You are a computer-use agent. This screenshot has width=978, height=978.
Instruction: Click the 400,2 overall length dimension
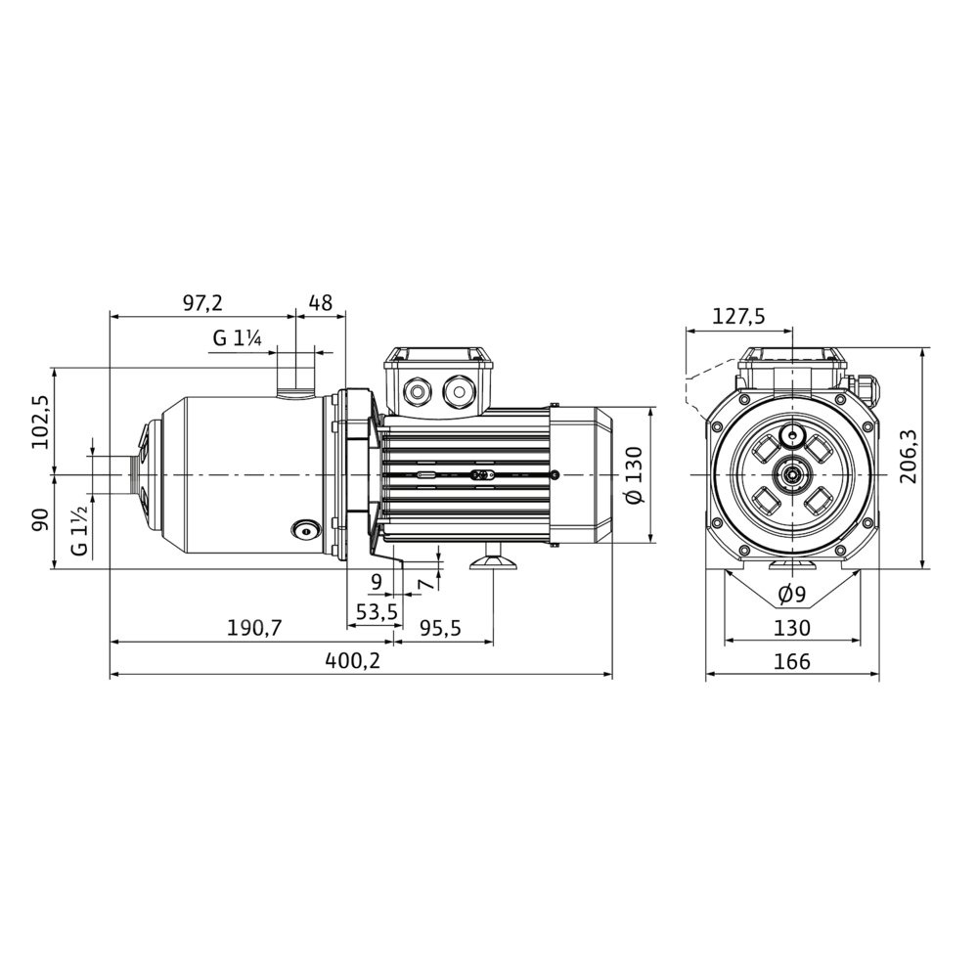click(x=352, y=660)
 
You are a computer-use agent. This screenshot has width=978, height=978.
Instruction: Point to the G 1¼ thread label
click(x=237, y=338)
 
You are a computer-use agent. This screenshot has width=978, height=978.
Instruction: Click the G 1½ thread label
click(x=79, y=531)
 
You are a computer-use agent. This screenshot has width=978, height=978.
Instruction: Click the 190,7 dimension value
click(x=254, y=628)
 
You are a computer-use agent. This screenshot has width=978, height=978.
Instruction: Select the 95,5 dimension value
click(x=440, y=628)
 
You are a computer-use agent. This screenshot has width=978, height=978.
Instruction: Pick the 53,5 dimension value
click(x=377, y=612)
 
